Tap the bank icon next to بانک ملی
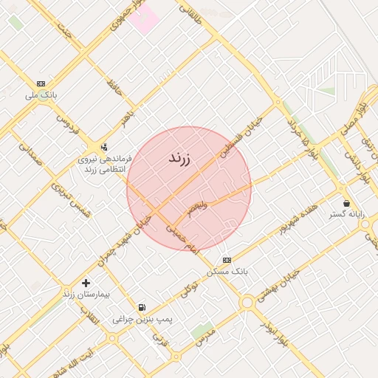(41, 83)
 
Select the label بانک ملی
(41, 95)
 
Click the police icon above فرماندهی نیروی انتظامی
(104, 146)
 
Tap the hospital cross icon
(86, 283)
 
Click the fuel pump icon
(142, 307)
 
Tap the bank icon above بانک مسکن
(227, 260)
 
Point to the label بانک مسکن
(229, 272)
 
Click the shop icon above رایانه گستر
(346, 203)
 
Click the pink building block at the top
(145, 18)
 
